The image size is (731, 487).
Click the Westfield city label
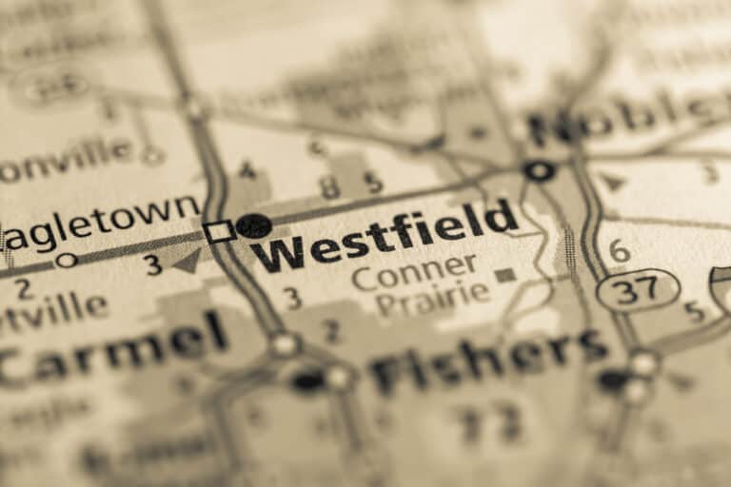385,237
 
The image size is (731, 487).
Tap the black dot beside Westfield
253,225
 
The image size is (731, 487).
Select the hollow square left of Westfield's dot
219,231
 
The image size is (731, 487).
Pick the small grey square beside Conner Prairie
505,275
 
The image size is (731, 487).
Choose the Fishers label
489,360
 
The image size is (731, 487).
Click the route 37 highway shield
638,289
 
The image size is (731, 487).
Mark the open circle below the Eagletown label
66,260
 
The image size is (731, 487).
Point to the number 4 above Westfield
247,171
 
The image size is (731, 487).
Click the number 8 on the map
330,187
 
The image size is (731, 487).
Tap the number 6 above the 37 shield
619,251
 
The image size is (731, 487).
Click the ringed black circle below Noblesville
539,171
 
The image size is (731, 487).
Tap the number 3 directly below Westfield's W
292,299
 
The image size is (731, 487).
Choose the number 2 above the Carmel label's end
330,330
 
